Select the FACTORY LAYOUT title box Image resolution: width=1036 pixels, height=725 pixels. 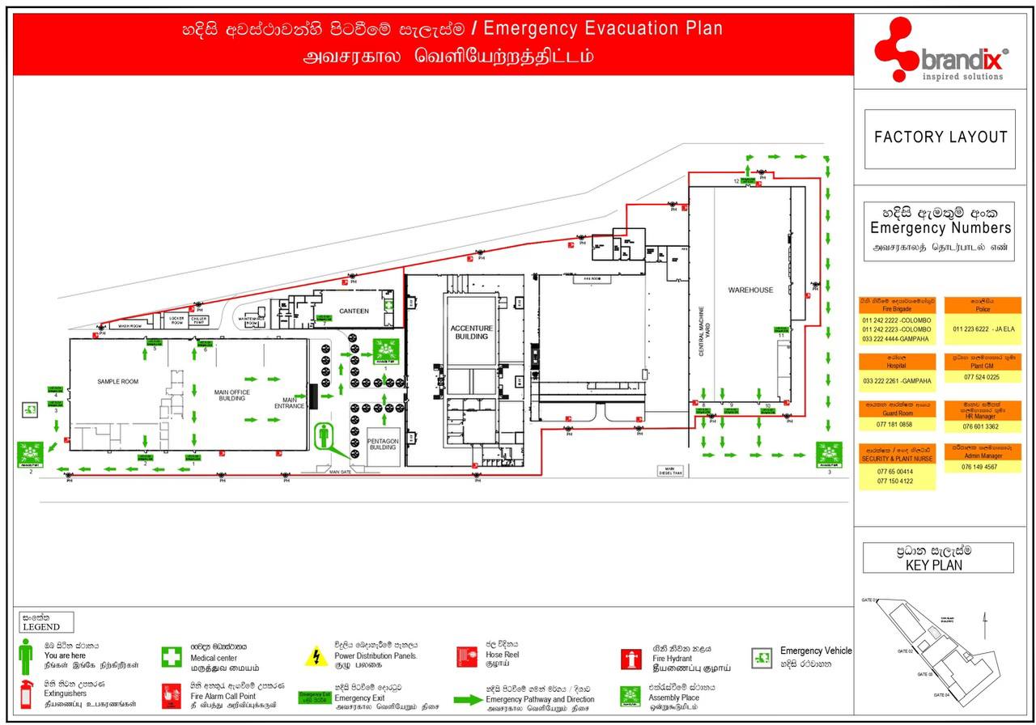(x=940, y=138)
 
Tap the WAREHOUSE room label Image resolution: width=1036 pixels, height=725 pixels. (x=750, y=290)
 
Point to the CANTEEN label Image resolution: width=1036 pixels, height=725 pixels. (x=354, y=311)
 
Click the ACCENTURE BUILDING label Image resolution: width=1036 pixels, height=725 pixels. (x=471, y=332)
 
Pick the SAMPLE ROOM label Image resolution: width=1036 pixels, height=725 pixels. (x=118, y=381)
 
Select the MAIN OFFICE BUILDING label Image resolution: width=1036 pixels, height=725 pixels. (x=231, y=395)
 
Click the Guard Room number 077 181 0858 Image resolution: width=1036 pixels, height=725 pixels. (x=894, y=424)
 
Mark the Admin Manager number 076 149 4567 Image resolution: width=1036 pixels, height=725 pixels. (x=979, y=467)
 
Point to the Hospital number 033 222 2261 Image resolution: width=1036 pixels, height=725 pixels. (x=897, y=380)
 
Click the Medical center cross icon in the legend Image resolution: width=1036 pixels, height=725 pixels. (x=171, y=656)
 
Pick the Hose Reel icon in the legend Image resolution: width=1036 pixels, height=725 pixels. (x=467, y=655)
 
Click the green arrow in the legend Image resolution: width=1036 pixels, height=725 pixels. (x=468, y=700)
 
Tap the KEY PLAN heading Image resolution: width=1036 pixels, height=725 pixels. (x=938, y=558)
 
